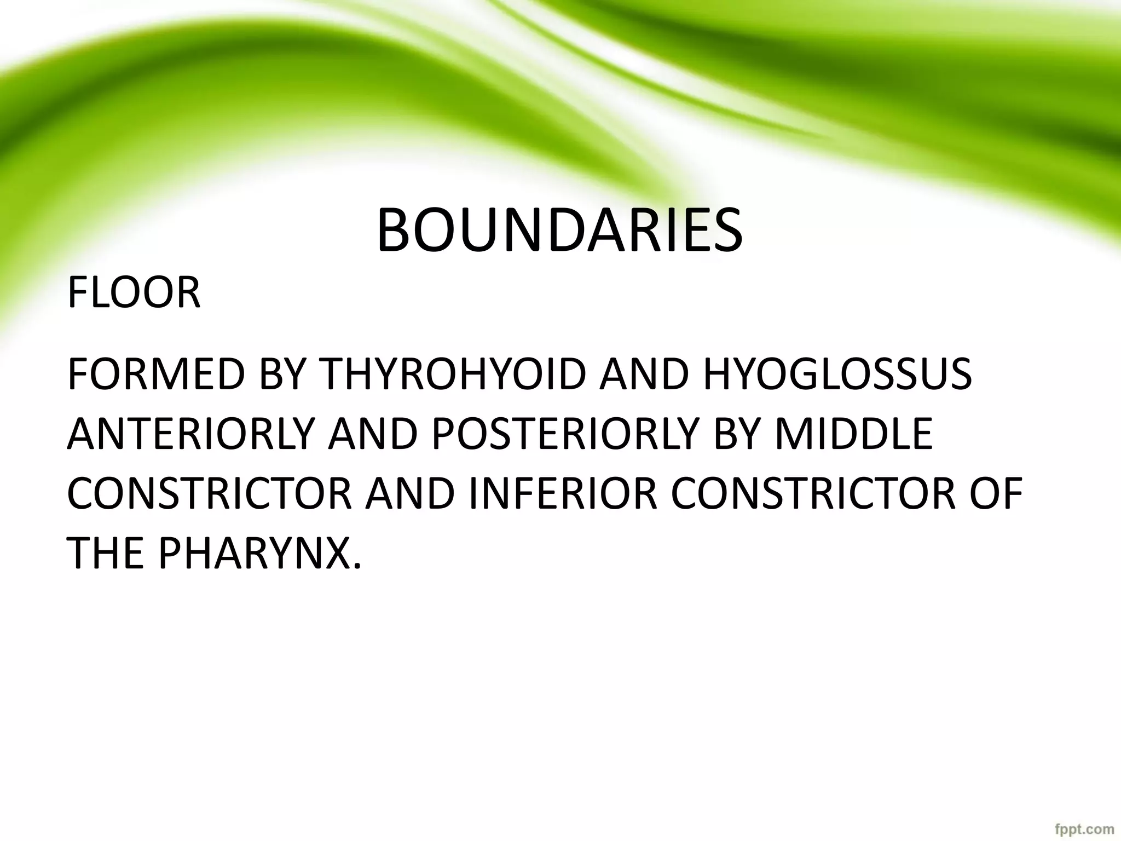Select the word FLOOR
coord(134,293)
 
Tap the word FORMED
coord(155,375)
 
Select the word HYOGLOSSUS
coord(837,375)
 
